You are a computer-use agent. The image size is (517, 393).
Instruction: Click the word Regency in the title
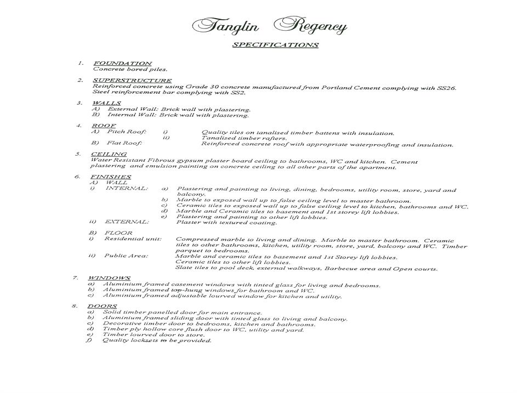(x=310, y=26)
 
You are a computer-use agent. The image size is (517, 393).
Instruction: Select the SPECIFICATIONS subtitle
(x=275, y=45)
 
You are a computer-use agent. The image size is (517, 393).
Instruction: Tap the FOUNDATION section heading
(x=122, y=64)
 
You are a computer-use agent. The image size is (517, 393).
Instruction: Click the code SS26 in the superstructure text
(x=446, y=87)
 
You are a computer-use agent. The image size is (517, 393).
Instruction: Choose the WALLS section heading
(x=106, y=103)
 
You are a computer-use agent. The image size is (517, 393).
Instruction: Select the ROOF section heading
(x=104, y=126)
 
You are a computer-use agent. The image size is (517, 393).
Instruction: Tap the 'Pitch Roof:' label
(x=127, y=132)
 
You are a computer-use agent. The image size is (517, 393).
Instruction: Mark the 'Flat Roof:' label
(x=124, y=144)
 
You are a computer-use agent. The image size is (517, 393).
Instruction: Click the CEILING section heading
(x=109, y=155)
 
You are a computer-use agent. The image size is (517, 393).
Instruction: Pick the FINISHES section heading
(x=111, y=177)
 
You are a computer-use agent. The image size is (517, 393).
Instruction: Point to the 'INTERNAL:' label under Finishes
(x=127, y=189)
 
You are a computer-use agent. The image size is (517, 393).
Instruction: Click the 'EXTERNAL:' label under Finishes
(x=127, y=222)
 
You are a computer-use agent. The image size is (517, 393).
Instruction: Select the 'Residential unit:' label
(x=133, y=239)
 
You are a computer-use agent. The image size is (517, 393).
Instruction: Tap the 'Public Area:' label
(x=126, y=256)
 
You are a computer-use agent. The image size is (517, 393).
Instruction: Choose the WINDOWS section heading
(x=109, y=278)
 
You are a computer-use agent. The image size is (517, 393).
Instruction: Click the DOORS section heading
(x=102, y=306)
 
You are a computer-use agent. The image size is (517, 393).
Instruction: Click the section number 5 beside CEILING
(x=78, y=154)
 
